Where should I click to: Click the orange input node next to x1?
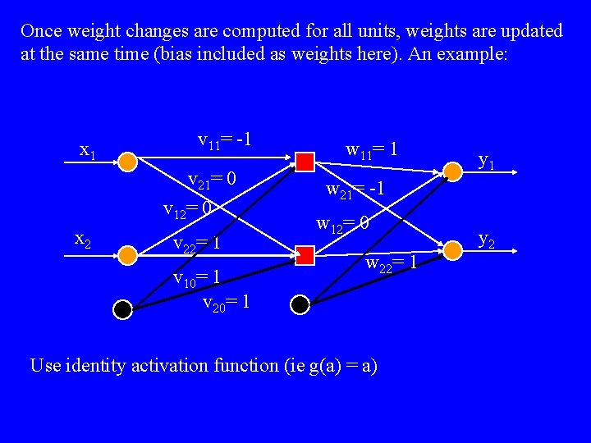pyautogui.click(x=127, y=161)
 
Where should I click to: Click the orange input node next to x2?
pyautogui.click(x=127, y=255)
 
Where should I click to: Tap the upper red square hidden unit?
pyautogui.click(x=305, y=161)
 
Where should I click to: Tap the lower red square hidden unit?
pyautogui.click(x=305, y=255)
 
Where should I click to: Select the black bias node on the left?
pyautogui.click(x=122, y=308)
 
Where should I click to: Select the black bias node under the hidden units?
pyautogui.click(x=300, y=305)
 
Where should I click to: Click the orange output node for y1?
pyautogui.click(x=451, y=171)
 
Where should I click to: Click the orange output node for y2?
pyautogui.click(x=451, y=248)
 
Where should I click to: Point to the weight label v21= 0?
pyautogui.click(x=212, y=180)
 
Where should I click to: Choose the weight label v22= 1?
pyautogui.click(x=196, y=244)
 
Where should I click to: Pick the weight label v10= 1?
pyautogui.click(x=196, y=278)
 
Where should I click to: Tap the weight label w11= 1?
pyautogui.click(x=372, y=150)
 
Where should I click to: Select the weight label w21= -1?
pyautogui.click(x=355, y=190)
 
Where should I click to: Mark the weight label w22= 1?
pyautogui.click(x=392, y=264)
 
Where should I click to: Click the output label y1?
pyautogui.click(x=486, y=162)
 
